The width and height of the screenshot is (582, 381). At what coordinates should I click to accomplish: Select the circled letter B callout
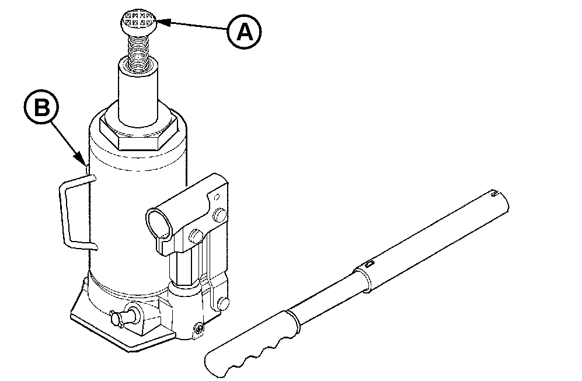point(41,108)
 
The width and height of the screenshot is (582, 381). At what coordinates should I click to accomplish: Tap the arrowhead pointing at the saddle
point(162,22)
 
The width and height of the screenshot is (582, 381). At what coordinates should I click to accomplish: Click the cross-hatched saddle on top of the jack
point(138,23)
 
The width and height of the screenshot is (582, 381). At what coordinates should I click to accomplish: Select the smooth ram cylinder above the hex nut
point(139,93)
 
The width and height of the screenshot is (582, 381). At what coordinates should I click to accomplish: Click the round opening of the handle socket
point(159,225)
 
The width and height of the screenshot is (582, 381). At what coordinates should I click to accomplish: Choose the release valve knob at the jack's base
point(124,314)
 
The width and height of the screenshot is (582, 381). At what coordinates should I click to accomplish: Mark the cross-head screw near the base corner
point(199,328)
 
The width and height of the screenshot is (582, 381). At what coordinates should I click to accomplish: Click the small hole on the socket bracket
point(217,197)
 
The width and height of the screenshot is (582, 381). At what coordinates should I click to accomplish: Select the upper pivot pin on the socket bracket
point(219,215)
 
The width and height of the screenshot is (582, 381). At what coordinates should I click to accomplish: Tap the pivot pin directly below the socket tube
point(196,236)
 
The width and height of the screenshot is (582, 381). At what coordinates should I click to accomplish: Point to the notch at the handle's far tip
point(494,193)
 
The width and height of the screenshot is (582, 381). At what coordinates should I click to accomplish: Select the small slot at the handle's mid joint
point(369,264)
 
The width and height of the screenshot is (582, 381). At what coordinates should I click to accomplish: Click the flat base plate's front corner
point(128,349)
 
